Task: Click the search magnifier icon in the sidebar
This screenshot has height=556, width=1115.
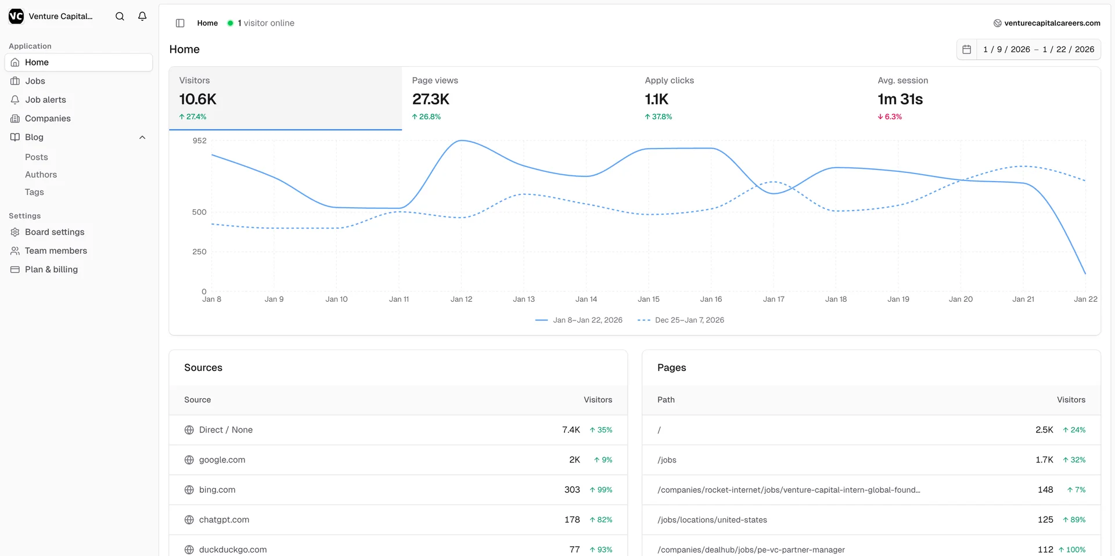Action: point(120,16)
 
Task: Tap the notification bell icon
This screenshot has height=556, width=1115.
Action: point(142,16)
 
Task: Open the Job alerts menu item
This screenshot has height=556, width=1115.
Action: point(45,100)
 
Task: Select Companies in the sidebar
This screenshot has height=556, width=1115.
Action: point(48,118)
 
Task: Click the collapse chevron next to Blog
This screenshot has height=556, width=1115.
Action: point(142,138)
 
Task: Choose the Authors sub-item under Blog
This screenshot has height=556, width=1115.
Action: point(41,175)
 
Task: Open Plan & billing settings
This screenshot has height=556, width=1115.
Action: point(51,269)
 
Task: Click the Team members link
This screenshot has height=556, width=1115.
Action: point(56,251)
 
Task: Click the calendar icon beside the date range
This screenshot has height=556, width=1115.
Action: point(966,49)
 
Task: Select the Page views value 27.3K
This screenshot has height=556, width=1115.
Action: point(430,99)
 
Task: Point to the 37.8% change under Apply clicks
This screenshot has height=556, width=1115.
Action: point(659,117)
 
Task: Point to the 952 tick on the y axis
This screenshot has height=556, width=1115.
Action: point(199,141)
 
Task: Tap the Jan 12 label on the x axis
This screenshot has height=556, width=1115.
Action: point(461,299)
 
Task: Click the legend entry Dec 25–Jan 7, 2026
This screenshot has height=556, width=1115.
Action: point(689,320)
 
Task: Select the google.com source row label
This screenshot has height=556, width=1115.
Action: point(222,460)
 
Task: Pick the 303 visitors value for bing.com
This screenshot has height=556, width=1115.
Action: point(572,490)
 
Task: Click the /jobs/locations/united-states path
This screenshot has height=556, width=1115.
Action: point(712,520)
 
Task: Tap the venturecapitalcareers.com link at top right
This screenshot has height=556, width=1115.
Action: point(1052,23)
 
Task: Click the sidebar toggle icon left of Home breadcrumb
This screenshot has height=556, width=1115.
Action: point(180,23)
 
